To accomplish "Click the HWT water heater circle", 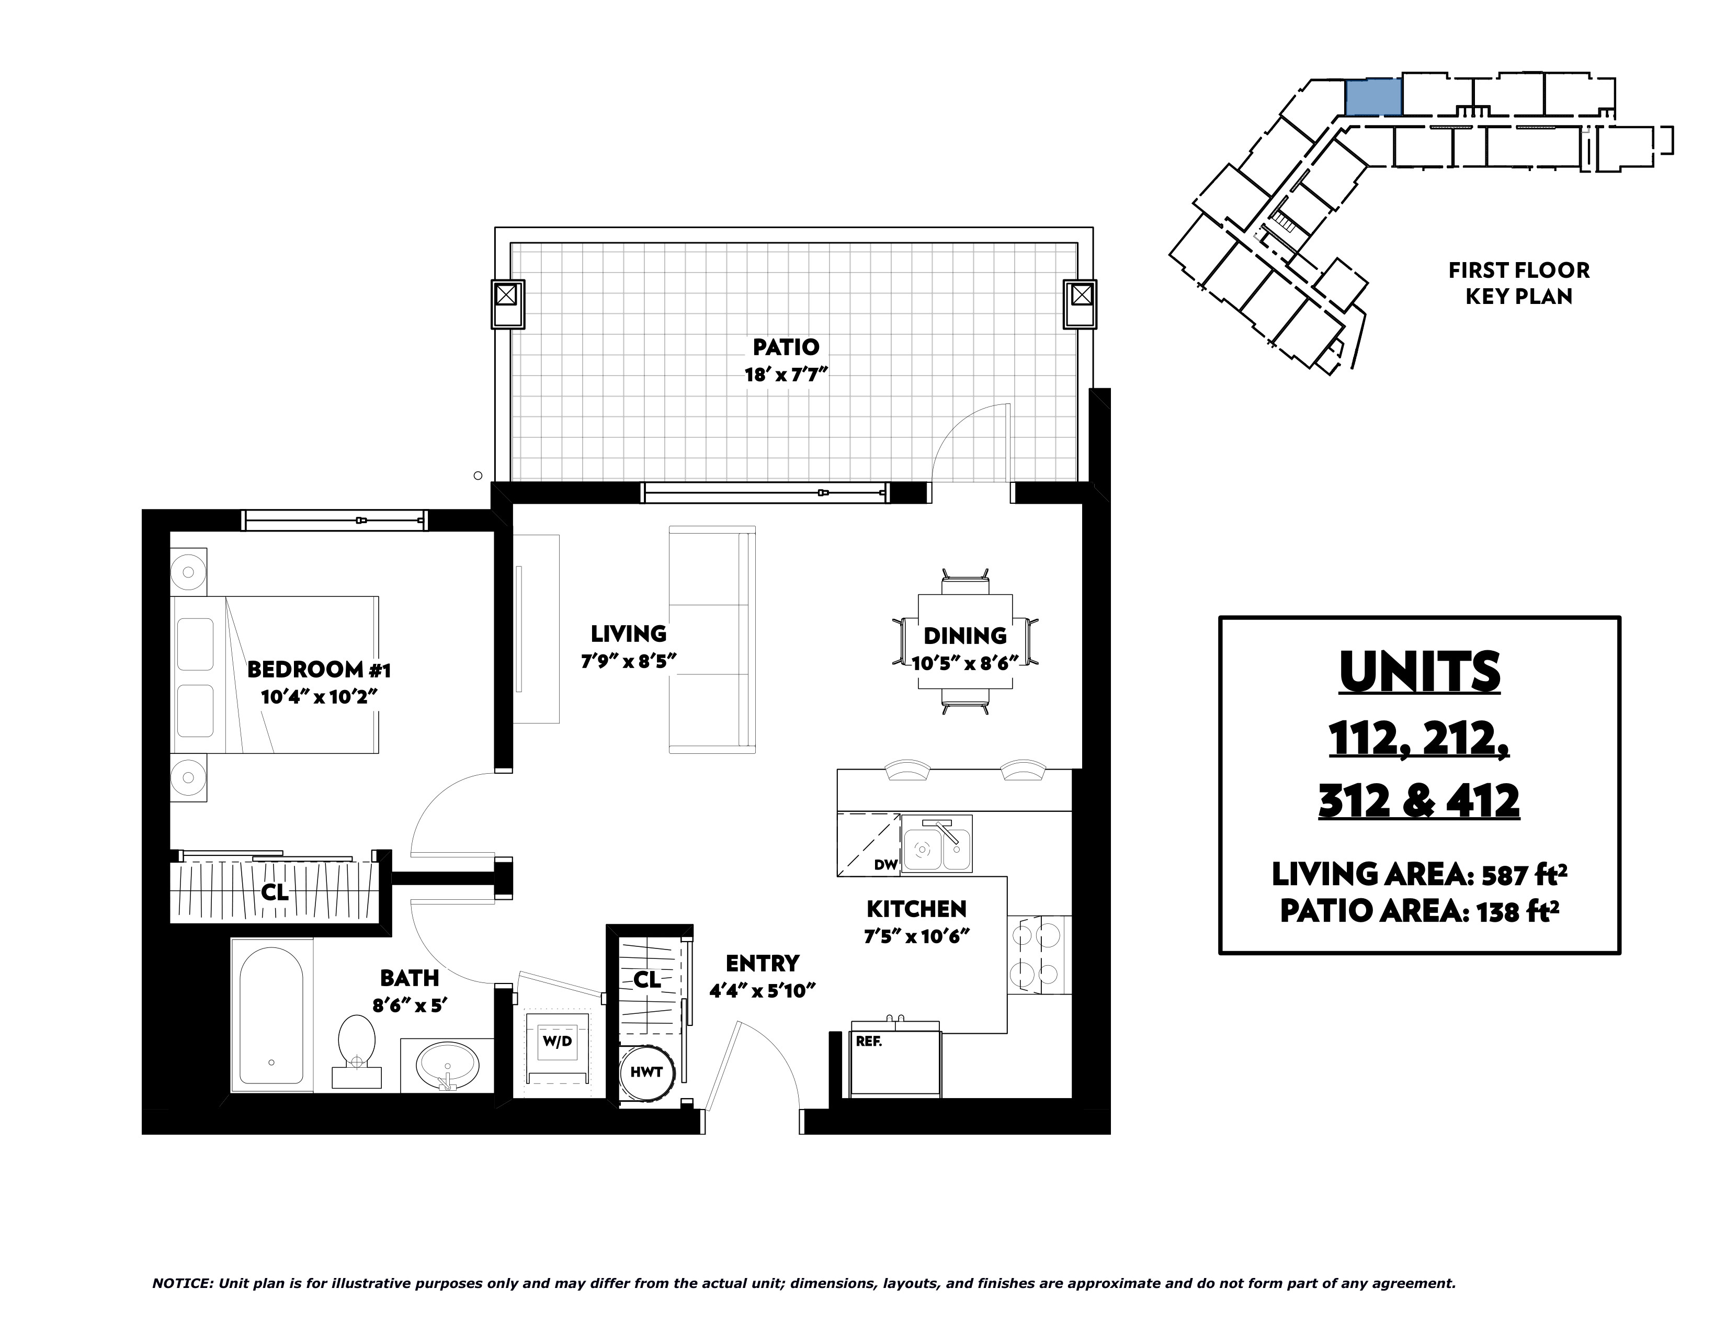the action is click(646, 1072).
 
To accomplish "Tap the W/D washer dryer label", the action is click(557, 1042).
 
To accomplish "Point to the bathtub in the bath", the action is click(271, 1015).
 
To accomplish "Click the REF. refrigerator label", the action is click(869, 1042).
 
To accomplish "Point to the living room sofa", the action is click(712, 639).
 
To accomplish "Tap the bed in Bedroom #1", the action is click(275, 674).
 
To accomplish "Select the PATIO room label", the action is click(786, 347).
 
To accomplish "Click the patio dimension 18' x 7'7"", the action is click(786, 375).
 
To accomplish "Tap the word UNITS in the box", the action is click(1420, 673).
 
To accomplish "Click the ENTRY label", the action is click(763, 963).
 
